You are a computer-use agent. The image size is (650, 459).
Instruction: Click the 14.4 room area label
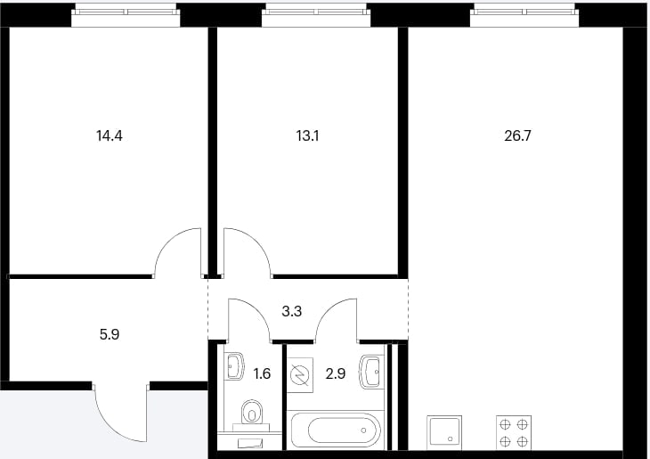pyautogui.click(x=110, y=135)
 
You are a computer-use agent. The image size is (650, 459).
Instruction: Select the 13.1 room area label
pyautogui.click(x=307, y=135)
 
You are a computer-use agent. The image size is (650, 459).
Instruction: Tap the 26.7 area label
pyautogui.click(x=517, y=135)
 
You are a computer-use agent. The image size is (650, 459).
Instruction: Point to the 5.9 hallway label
pyautogui.click(x=110, y=334)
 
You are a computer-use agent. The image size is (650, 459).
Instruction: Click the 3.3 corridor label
pyautogui.click(x=292, y=311)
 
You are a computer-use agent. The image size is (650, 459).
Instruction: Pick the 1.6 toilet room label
pyautogui.click(x=262, y=373)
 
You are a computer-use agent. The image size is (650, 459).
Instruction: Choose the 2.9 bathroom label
pyautogui.click(x=336, y=373)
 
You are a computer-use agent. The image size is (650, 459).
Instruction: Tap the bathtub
pyautogui.click(x=337, y=430)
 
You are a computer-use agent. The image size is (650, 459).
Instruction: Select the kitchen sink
pyautogui.click(x=444, y=431)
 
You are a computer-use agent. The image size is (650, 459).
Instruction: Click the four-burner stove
pyautogui.click(x=514, y=432)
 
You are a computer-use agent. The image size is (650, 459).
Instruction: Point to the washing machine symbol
pyautogui.click(x=300, y=375)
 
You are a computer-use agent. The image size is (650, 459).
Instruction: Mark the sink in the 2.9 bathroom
pyautogui.click(x=371, y=372)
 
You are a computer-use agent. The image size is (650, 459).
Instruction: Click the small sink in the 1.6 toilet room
pyautogui.click(x=234, y=366)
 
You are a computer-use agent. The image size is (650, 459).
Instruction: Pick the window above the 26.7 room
pyautogui.click(x=524, y=15)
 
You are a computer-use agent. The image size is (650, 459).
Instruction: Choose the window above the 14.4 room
pyautogui.click(x=126, y=15)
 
